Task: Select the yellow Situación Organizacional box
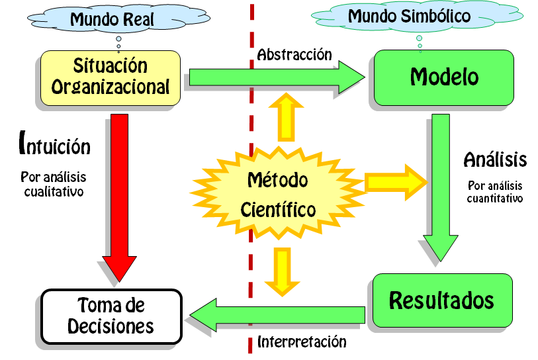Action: pos(111,77)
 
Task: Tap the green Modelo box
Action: pos(444,77)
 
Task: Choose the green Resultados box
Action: pos(441,300)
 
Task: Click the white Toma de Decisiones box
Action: pos(111,316)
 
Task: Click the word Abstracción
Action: pos(294,54)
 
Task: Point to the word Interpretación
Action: pos(302,342)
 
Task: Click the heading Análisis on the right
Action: pos(495,159)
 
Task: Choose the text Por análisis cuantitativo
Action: pos(495,192)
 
